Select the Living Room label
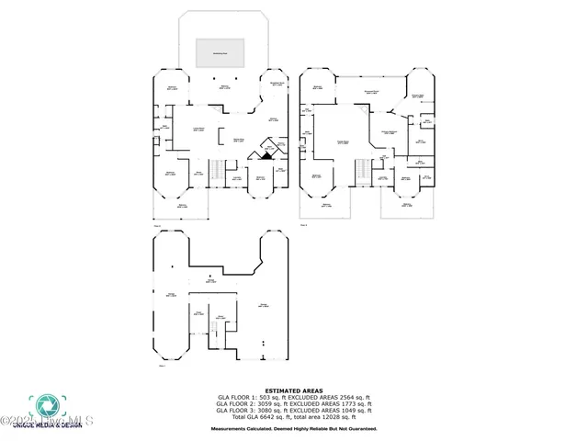point(198,130)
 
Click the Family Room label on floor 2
point(344,141)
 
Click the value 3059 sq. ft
point(269,402)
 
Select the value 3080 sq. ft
point(269,409)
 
